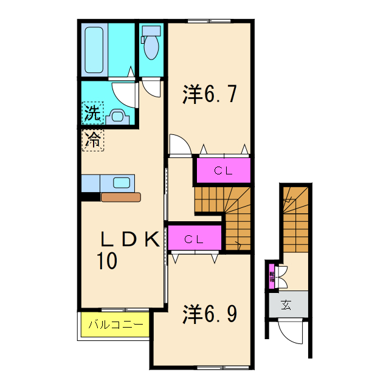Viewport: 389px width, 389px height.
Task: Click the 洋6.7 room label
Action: [x=208, y=95]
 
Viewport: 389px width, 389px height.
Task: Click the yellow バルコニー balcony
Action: [x=115, y=325]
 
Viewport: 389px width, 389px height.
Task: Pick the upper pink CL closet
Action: [x=222, y=171]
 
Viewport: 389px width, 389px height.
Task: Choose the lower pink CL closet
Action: [x=194, y=239]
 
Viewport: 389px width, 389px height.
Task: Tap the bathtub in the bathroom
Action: [x=96, y=49]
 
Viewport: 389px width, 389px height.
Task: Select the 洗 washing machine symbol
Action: [x=91, y=112]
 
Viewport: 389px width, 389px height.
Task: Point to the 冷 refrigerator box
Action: [x=92, y=140]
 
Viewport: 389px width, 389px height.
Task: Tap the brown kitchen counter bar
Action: [x=121, y=196]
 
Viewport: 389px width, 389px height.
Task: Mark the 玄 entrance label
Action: [x=286, y=305]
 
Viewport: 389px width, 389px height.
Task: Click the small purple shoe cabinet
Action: [x=272, y=277]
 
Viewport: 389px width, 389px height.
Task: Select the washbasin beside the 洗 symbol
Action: [x=117, y=115]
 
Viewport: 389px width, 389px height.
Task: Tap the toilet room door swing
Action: [x=151, y=86]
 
